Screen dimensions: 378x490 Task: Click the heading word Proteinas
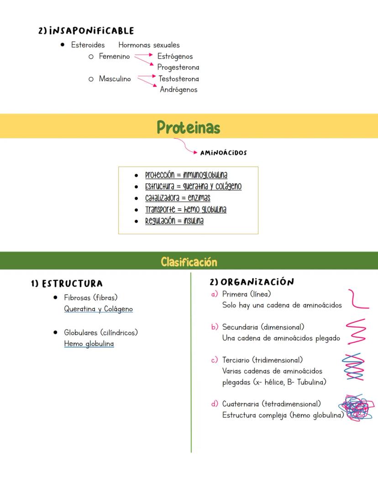[x=189, y=128]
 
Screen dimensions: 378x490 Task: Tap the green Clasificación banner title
[x=189, y=262]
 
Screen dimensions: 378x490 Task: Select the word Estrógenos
[x=175, y=57]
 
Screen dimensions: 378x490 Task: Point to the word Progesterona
[x=178, y=68]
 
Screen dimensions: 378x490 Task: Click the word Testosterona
[x=178, y=79]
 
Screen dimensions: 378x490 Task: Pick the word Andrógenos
[x=178, y=90]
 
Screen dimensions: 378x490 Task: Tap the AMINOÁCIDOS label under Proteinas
[x=223, y=153]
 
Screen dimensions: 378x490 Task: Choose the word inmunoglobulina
[x=205, y=175]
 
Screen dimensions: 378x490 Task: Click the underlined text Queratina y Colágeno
[x=98, y=309]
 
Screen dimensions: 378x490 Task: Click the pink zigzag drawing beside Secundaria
[x=356, y=331]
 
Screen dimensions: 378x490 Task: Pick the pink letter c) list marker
[x=214, y=361]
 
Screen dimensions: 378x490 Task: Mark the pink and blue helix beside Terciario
[x=353, y=366]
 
